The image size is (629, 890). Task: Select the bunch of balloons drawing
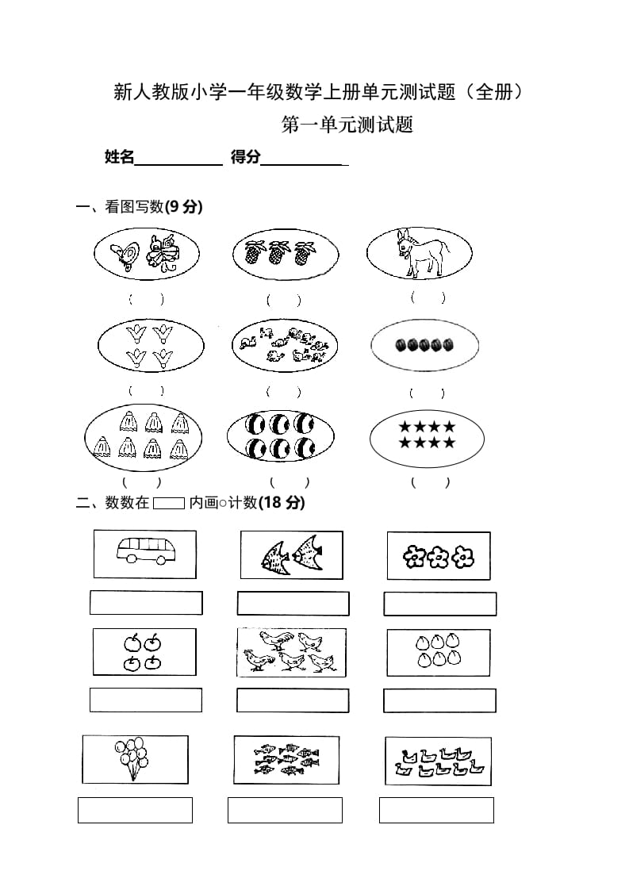pos(131,758)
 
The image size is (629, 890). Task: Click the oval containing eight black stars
pos(427,435)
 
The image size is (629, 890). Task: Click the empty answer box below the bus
pos(146,603)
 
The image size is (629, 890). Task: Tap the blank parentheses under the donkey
pos(428,298)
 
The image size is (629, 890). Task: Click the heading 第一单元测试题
pos(347,125)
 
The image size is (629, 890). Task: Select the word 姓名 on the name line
pos(119,157)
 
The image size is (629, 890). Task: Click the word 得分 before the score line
pos(245,157)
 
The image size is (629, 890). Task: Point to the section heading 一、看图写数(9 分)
pos(139,207)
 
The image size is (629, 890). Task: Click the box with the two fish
pos(292,554)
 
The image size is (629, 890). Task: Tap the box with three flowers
pos(438,555)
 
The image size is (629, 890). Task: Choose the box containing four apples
pos(144,651)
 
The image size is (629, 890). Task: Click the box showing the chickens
pos(292,651)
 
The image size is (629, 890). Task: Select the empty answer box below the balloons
pos(135,810)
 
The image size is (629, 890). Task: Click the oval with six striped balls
pos(280,435)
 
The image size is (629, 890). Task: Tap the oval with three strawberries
pos(286,254)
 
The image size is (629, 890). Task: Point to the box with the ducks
pos(438,761)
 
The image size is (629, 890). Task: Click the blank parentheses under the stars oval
pos(429,482)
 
